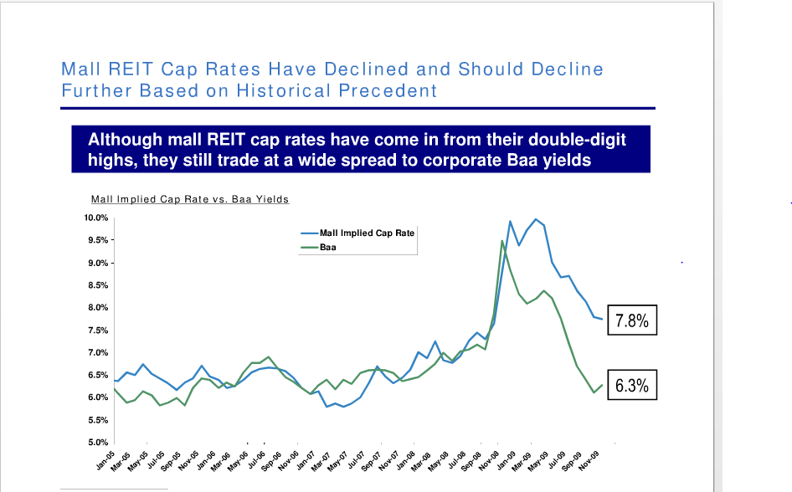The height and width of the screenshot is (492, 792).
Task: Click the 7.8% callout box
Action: coord(632,320)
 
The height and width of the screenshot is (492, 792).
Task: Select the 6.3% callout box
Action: coord(632,386)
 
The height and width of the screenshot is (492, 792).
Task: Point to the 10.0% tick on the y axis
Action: coord(96,218)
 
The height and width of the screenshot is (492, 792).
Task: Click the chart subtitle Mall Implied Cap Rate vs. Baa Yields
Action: coord(189,199)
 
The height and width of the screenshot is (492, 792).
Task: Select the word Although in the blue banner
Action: coord(125,139)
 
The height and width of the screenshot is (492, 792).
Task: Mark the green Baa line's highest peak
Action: coord(501,241)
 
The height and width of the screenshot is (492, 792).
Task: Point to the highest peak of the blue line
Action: coord(536,219)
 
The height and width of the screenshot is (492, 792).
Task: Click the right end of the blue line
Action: coord(601,319)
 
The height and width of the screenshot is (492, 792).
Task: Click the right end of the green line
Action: coord(601,384)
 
